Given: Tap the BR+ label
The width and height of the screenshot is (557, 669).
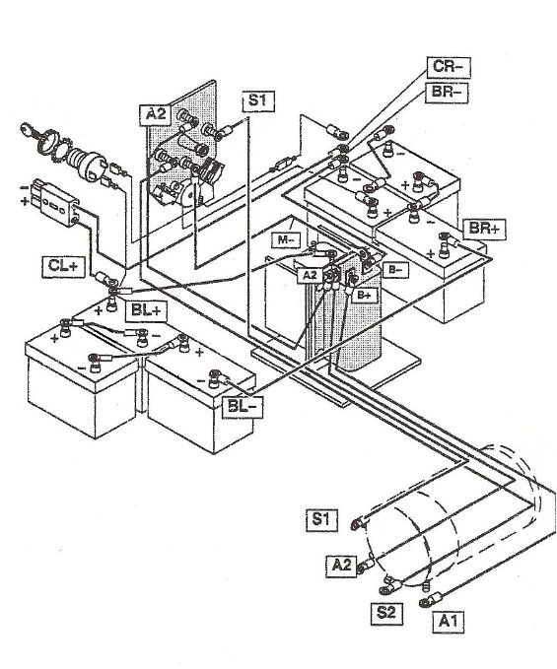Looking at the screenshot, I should (483, 228).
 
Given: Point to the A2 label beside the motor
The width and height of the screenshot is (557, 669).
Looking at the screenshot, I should (341, 565).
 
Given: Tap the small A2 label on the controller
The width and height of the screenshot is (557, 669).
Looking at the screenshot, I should (310, 275).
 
